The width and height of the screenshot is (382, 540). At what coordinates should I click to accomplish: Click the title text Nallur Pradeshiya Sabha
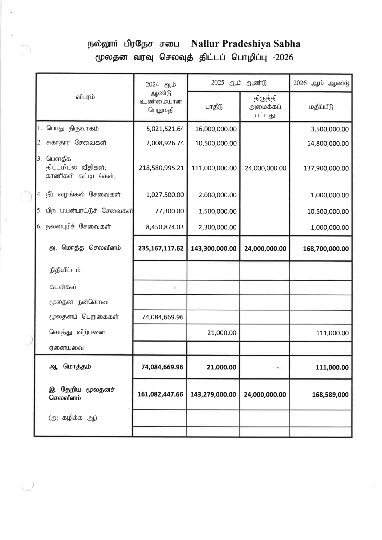246,44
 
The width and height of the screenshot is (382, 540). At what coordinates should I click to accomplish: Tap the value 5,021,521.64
165,129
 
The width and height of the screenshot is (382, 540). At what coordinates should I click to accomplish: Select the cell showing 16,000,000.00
216,129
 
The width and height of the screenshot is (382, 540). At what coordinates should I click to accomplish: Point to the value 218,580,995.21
161,168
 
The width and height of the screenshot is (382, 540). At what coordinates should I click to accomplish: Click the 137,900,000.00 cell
326,168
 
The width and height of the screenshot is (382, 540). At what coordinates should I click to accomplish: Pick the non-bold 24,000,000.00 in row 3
265,168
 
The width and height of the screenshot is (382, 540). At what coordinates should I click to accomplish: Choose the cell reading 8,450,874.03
165,227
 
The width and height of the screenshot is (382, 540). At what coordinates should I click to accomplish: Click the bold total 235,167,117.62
161,248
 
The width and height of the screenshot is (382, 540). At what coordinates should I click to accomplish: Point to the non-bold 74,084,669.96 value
162,317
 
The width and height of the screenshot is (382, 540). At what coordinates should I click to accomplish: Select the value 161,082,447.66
160,394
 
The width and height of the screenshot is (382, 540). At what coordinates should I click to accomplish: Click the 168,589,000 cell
330,395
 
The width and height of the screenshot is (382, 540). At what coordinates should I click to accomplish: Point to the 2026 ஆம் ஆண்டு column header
321,83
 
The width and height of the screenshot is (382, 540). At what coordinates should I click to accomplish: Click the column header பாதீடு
214,107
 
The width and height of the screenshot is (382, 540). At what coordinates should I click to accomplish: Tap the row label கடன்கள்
63,287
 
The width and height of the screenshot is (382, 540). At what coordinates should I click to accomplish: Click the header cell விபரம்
85,97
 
